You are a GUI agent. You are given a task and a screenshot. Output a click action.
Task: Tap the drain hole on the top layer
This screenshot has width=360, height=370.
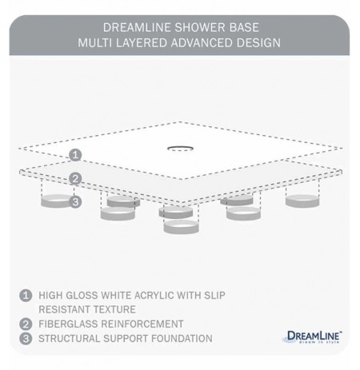click(178, 147)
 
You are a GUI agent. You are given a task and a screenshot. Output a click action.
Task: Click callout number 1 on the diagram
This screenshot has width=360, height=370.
click(74, 154)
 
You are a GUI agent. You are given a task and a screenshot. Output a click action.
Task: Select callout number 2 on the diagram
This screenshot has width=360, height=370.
click(74, 179)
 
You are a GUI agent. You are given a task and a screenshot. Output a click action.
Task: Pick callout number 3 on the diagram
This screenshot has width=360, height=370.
click(74, 202)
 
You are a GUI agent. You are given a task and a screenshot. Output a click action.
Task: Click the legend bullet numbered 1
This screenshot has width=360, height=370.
click(26, 296)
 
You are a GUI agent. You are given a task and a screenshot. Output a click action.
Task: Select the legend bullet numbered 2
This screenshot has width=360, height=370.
click(26, 324)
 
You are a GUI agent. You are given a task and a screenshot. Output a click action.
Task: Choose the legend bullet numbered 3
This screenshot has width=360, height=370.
click(26, 338)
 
